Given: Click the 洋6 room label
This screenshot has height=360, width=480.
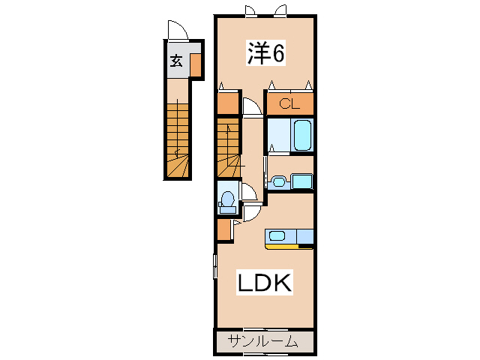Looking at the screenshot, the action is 265,52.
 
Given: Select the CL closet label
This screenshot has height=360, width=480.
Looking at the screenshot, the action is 289,104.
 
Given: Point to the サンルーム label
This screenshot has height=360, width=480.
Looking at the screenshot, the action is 263,341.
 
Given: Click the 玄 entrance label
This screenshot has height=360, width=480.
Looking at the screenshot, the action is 177,61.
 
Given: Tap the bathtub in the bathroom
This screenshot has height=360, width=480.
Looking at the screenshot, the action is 302,135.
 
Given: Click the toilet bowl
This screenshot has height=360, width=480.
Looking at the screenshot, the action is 227,199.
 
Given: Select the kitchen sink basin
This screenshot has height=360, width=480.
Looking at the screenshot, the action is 277,236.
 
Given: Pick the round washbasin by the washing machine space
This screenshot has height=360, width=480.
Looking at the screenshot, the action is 278,181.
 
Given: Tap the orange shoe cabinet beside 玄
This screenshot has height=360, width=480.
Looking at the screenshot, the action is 195,65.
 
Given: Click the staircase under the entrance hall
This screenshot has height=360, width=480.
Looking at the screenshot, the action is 177,139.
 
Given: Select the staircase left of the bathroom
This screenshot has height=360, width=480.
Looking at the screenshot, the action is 228,148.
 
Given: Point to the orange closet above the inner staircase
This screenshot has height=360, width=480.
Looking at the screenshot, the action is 228,103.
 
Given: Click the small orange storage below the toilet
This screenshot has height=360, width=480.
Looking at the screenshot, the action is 224,229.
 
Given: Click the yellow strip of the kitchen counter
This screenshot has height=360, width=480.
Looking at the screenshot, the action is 282,247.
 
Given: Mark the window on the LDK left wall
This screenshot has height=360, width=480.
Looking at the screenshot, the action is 215,266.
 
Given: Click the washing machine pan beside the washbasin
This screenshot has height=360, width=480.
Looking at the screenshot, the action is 301,181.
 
